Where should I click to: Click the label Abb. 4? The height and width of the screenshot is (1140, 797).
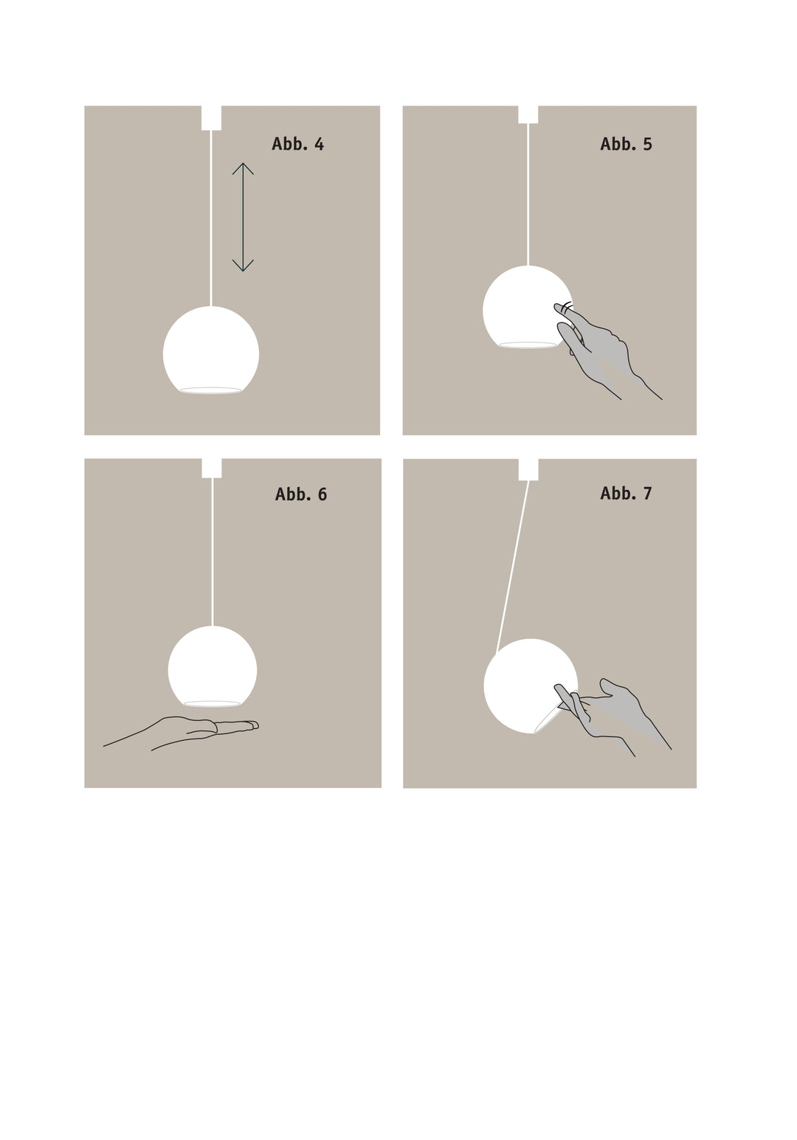[x=297, y=144]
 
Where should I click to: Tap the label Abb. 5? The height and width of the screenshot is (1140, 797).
[x=626, y=144]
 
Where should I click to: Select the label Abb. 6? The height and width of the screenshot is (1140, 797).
[x=300, y=494]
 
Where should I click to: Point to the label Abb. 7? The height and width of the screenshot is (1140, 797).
[x=626, y=493]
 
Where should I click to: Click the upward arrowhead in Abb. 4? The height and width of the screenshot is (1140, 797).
[x=243, y=167]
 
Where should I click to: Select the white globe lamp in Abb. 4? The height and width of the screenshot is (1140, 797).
[x=211, y=350]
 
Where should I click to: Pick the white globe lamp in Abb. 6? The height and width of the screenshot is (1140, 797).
[x=213, y=666]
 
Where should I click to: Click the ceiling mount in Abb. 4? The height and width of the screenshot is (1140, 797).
[x=211, y=117]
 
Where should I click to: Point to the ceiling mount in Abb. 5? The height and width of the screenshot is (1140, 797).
[x=528, y=114]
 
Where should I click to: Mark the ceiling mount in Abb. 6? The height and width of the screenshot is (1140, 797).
[x=212, y=468]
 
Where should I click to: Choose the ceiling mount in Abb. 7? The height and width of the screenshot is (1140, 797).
[x=528, y=469]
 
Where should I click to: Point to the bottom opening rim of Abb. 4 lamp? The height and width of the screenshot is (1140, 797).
[x=210, y=390]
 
